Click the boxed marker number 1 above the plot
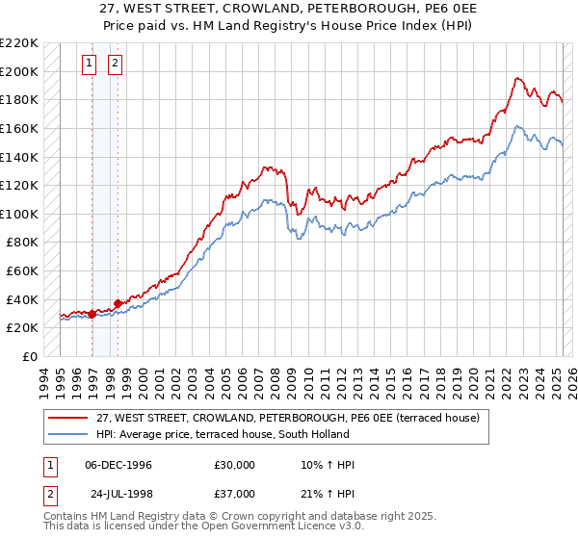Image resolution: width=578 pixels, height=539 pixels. click(89, 64)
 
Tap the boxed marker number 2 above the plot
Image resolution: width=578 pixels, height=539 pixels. click(115, 64)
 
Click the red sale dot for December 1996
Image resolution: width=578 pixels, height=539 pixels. click(92, 314)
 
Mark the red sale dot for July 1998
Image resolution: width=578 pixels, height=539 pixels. click(118, 303)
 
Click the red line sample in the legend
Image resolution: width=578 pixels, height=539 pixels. click(68, 417)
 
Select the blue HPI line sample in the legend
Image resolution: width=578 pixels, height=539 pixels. click(68, 434)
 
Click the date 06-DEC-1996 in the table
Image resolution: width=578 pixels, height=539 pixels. click(118, 465)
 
